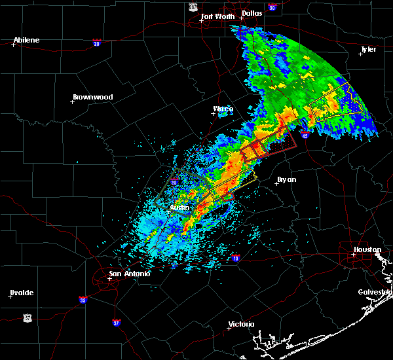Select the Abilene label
[26, 40]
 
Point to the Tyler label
[369, 49]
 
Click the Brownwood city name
[92, 97]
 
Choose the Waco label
[223, 109]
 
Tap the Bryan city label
[286, 179]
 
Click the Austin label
[179, 207]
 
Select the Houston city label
[367, 249]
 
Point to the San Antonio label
[130, 274]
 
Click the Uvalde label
[22, 293]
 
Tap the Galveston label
[375, 292]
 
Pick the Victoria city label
[240, 325]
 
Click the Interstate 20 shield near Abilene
[96, 43]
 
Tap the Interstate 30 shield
[271, 7]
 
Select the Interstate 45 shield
[305, 134]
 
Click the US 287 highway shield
[192, 7]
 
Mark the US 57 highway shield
[26, 317]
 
